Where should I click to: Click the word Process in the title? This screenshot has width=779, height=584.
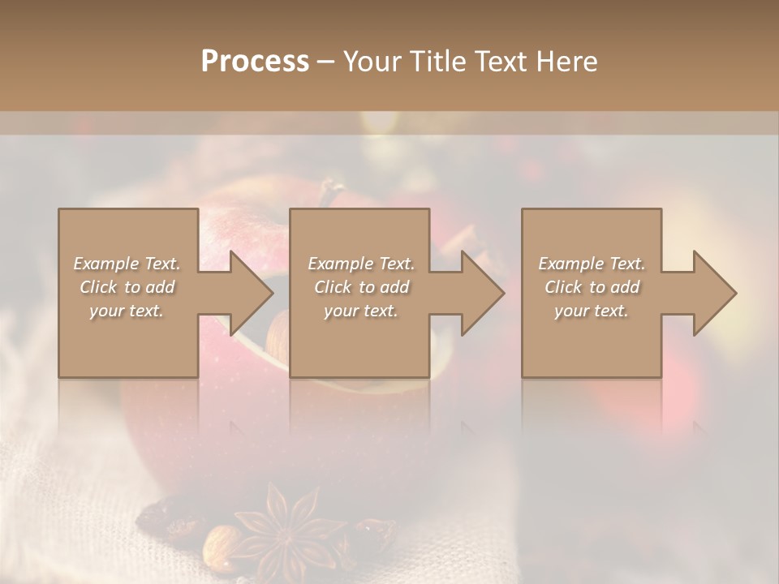pyautogui.click(x=255, y=62)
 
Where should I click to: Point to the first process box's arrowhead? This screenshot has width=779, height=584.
pyautogui.click(x=251, y=293)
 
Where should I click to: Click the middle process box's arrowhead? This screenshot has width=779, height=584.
pyautogui.click(x=482, y=293)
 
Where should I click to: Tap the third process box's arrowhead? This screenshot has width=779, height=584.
pyautogui.click(x=714, y=293)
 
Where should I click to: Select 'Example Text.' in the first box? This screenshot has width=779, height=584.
pyautogui.click(x=127, y=264)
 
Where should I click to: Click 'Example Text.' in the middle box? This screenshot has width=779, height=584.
pyautogui.click(x=361, y=264)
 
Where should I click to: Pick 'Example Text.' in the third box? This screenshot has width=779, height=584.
pyautogui.click(x=592, y=264)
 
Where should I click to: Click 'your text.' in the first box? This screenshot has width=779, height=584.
pyautogui.click(x=127, y=311)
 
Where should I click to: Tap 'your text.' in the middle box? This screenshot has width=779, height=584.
pyautogui.click(x=361, y=311)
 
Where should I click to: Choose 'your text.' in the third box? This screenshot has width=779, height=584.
pyautogui.click(x=592, y=311)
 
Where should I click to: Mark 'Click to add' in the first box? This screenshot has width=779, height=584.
pyautogui.click(x=127, y=287)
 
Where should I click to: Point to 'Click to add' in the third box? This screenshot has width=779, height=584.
pyautogui.click(x=592, y=287)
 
